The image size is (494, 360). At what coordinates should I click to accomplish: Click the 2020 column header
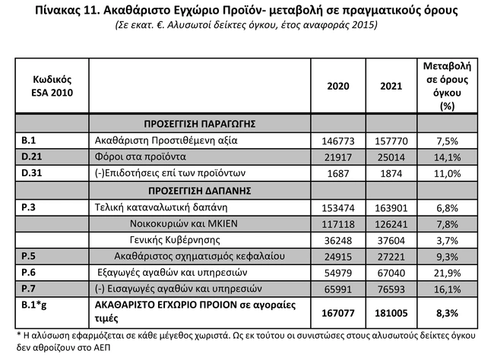[x=337, y=86]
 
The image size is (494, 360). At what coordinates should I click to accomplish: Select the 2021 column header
[x=390, y=86]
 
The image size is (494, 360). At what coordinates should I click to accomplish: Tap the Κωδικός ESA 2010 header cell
[x=52, y=86]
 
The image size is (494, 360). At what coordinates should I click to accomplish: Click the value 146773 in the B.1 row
[x=338, y=141]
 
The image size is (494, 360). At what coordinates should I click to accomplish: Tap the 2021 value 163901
[x=391, y=207]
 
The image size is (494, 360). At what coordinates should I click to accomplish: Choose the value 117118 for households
[x=338, y=223]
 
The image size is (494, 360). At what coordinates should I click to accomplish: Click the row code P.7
[x=30, y=289]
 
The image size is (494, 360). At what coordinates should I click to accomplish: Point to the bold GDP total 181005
[x=390, y=312]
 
